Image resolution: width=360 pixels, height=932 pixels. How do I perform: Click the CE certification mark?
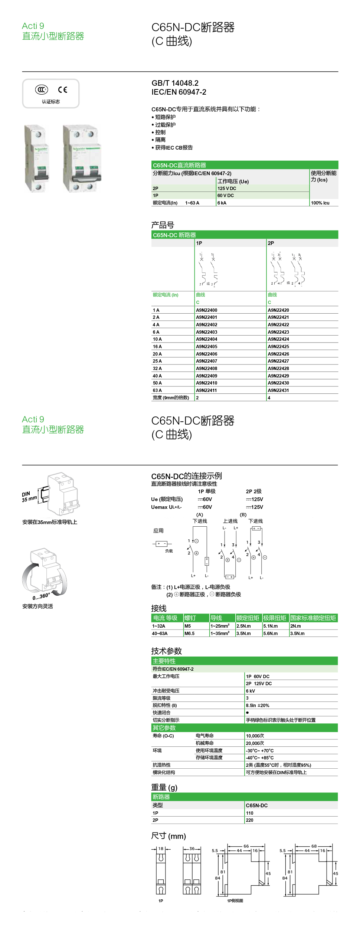63,89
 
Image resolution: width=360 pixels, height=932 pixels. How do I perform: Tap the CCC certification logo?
42,89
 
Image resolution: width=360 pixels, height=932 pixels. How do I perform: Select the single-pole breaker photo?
37,158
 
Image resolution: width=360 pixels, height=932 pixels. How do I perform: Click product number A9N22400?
207,310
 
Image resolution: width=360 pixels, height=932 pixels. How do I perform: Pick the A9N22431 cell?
278,390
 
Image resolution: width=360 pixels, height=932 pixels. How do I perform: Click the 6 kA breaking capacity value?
222,203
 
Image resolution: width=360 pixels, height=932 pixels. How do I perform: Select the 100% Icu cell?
320,203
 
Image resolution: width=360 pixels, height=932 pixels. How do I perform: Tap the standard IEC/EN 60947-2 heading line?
179,92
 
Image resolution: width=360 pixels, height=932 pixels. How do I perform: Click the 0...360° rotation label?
41,596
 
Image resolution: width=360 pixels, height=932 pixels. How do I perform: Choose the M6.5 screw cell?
189,634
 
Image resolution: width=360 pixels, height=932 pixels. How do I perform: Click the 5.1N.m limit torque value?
270,626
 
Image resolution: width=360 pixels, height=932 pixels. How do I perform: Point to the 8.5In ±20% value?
258,706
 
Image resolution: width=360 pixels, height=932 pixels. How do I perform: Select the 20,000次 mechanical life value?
255,743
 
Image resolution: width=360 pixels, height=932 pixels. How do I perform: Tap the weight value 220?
249,820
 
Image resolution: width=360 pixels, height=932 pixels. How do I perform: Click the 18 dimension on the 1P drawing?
161,848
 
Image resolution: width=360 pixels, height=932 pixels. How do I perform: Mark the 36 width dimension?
192,848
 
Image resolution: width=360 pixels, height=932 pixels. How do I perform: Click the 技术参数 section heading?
166,651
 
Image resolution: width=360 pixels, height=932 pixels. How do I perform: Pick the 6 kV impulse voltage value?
251,691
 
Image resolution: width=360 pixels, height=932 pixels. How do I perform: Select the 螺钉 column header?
190,618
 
